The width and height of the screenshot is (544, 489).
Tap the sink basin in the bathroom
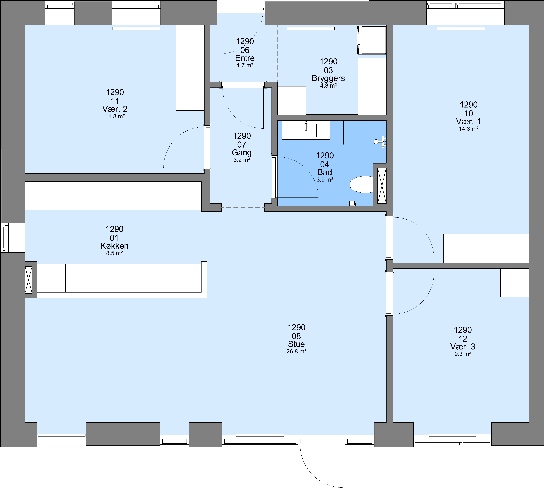pos(306,130)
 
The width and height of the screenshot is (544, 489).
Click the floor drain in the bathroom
pos(352,203)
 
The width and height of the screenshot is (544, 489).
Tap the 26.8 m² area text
pos(296,351)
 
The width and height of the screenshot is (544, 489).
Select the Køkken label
pos(114,246)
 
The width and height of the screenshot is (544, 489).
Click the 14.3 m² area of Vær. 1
pos(468,129)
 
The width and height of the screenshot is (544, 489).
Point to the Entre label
pos(245,58)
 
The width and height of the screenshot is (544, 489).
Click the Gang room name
pos(242,153)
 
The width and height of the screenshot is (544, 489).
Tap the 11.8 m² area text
pos(115,116)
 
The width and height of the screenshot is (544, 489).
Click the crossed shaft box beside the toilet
pos(382,186)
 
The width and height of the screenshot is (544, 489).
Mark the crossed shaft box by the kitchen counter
pos(28,280)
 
